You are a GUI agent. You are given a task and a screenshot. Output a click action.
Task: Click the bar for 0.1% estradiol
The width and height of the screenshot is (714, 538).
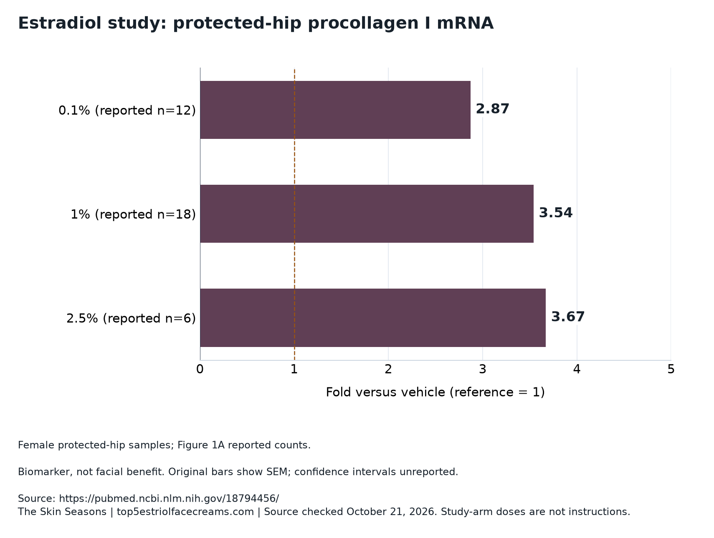click(x=335, y=110)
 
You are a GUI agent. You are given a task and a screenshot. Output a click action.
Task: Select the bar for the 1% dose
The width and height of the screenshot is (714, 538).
click(x=367, y=214)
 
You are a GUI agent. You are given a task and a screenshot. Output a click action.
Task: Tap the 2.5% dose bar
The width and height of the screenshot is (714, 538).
click(x=373, y=318)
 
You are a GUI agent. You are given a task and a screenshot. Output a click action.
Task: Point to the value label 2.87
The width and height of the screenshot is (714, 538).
click(x=493, y=109)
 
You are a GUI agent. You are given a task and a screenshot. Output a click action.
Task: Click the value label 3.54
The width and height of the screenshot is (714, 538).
click(x=556, y=213)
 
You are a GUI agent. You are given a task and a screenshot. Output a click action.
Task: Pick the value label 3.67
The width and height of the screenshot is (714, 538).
click(x=568, y=317)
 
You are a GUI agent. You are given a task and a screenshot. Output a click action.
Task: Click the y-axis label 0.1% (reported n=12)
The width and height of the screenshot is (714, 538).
click(x=127, y=111)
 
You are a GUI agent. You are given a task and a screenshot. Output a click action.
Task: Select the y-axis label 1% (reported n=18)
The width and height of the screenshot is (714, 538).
click(x=133, y=214)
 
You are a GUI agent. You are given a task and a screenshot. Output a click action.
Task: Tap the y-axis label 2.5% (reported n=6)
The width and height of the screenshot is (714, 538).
click(x=131, y=318)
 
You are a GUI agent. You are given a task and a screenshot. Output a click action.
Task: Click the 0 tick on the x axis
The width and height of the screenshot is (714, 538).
click(x=200, y=370)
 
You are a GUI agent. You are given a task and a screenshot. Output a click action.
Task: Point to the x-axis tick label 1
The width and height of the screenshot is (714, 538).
click(x=294, y=370)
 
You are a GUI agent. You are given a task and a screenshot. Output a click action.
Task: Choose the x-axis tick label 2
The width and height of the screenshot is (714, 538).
click(x=388, y=370)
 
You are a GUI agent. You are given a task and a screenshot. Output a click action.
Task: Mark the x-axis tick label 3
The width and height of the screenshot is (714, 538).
click(x=483, y=370)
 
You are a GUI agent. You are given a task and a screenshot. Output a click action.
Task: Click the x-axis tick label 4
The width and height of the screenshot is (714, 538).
click(x=577, y=370)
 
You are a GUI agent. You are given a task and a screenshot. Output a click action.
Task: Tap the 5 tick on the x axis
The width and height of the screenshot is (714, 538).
click(x=671, y=370)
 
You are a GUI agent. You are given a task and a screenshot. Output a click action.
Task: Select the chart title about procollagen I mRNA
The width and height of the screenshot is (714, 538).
click(x=256, y=23)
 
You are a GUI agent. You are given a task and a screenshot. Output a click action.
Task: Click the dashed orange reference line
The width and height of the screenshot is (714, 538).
click(x=294, y=214)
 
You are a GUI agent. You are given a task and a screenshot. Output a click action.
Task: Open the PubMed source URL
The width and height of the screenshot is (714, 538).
click(x=169, y=498)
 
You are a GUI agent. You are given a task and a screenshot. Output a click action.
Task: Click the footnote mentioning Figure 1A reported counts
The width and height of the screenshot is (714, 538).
click(x=164, y=445)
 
